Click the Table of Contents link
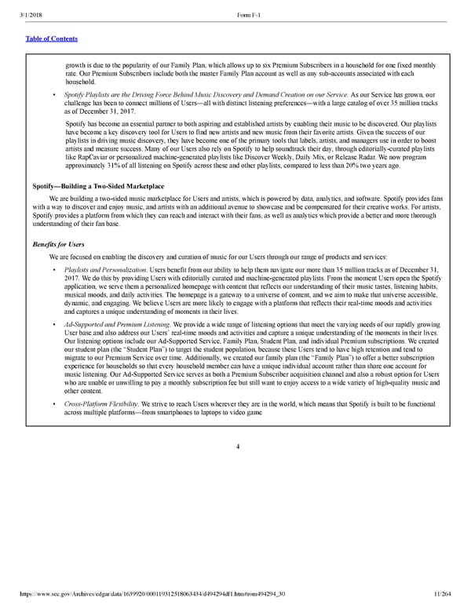[x=51, y=38]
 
